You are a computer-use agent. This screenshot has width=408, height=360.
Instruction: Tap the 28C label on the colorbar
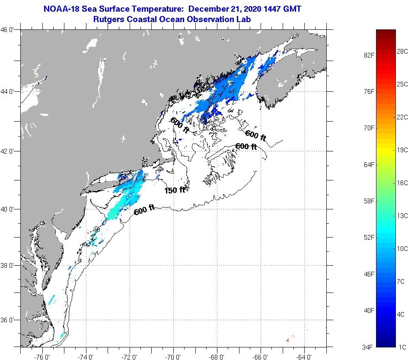402,51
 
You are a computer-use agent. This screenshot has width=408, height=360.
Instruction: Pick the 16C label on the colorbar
402,183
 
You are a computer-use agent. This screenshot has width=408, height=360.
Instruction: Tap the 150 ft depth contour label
175,190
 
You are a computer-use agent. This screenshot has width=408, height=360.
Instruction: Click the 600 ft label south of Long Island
144,210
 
